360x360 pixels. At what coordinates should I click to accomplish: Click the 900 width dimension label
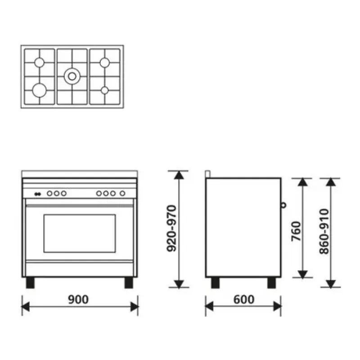click(x=78, y=299)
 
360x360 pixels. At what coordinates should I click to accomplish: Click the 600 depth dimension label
click(x=244, y=299)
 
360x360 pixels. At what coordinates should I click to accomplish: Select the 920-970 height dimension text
click(x=171, y=229)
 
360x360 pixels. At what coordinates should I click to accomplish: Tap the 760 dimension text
click(x=296, y=231)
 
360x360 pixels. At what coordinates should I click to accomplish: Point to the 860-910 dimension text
click(x=324, y=231)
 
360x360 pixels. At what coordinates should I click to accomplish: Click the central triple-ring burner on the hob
click(x=72, y=76)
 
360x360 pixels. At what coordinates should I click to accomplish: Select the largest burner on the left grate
click(x=40, y=90)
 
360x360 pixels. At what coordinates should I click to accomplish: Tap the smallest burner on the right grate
click(x=105, y=90)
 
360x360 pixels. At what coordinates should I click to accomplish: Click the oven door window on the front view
click(x=80, y=234)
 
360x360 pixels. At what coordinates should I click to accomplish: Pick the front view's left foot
click(x=30, y=283)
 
